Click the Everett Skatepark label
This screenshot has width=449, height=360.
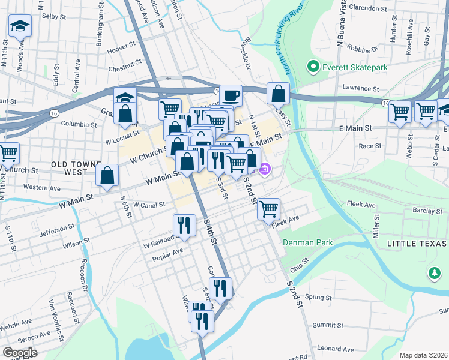coord(355,67)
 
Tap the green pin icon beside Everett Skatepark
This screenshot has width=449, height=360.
coord(312,66)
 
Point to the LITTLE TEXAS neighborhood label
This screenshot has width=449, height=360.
coord(417,244)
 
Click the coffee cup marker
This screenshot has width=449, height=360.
coord(230,94)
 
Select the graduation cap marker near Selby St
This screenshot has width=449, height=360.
coord(20,26)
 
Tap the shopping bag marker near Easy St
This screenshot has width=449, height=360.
coord(278,93)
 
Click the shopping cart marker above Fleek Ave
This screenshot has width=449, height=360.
coord(268,209)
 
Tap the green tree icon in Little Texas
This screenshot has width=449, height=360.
coord(434,274)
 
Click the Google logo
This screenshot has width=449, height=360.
coord(20,353)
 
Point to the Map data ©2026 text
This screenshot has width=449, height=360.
coord(423,355)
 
